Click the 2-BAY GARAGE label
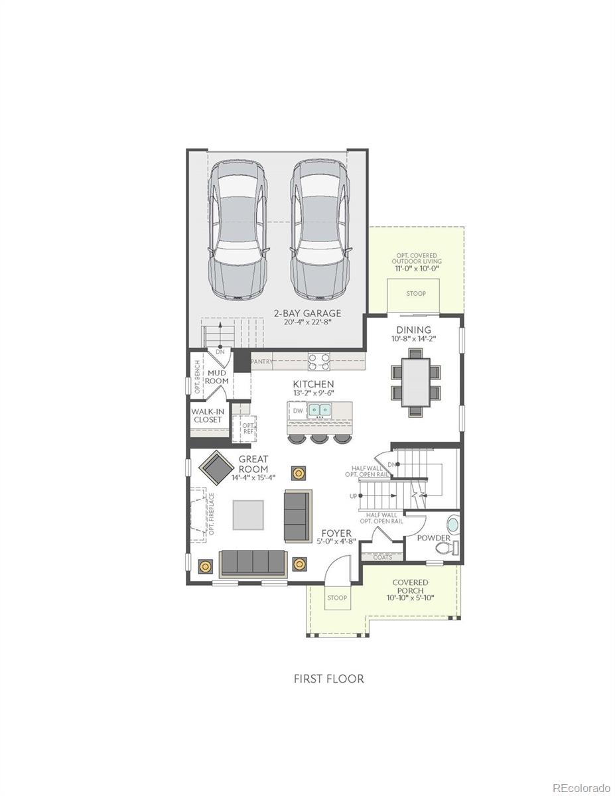(308, 313)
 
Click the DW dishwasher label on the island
(298, 411)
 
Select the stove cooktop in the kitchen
(319, 361)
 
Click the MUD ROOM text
(216, 377)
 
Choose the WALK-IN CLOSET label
(207, 415)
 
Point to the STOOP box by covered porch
(337, 598)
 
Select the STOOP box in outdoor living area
(416, 293)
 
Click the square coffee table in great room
(247, 514)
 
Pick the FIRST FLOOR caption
(328, 679)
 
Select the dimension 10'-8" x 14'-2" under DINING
(413, 338)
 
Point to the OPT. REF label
(247, 429)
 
